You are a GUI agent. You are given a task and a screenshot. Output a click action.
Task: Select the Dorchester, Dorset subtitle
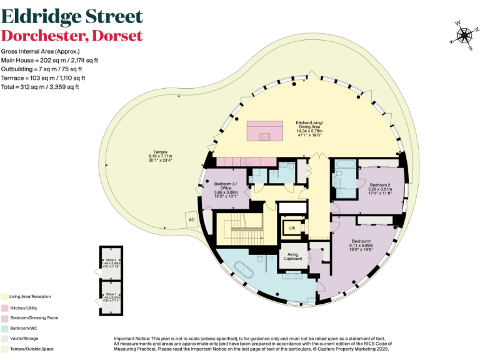pyautogui.click(x=72, y=36)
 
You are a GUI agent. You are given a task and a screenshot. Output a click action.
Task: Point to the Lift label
pyautogui.click(x=292, y=228)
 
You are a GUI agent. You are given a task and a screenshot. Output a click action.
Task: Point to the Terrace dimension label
pyautogui.click(x=158, y=158)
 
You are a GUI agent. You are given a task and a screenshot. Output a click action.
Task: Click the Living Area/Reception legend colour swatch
pyautogui.click(x=4, y=296)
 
